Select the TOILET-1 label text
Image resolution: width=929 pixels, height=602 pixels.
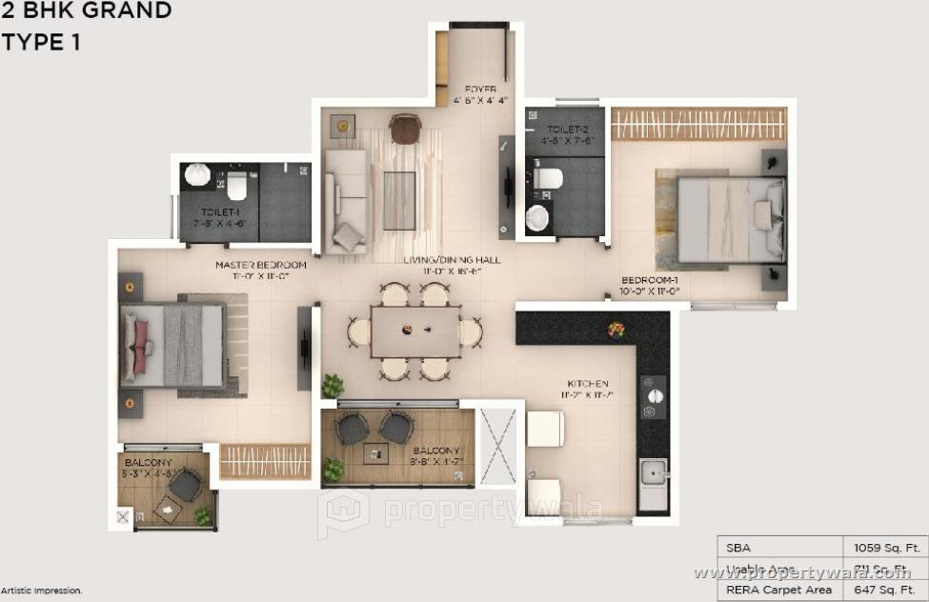(219, 214)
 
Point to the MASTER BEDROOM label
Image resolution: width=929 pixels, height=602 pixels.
(260, 265)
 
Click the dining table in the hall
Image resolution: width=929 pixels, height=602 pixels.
(414, 331)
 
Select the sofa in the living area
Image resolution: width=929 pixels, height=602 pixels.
(345, 201)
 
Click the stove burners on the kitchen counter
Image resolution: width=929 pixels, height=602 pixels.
(653, 400)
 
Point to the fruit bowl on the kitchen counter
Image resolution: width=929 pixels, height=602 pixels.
(616, 330)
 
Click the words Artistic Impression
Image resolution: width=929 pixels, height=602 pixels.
(41, 592)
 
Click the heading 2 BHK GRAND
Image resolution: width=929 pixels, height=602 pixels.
(86, 11)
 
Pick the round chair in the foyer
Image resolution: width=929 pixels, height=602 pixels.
(405, 129)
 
